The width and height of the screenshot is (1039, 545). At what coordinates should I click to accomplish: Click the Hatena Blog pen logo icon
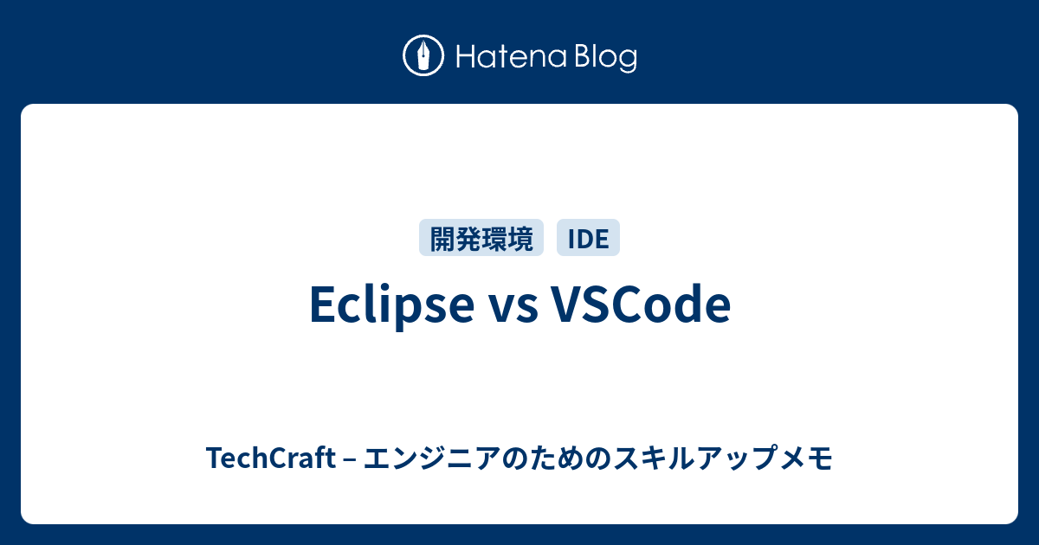(x=423, y=55)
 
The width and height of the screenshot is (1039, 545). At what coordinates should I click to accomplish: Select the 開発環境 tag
(x=481, y=238)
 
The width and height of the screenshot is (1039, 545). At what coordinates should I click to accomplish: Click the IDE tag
(x=588, y=238)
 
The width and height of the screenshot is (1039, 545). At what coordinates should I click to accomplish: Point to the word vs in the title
(x=514, y=311)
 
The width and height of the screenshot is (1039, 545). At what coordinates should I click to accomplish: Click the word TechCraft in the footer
(x=270, y=458)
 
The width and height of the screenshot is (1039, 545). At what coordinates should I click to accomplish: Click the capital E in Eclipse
(x=324, y=304)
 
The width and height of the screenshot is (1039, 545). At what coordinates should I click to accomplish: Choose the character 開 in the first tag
(x=443, y=238)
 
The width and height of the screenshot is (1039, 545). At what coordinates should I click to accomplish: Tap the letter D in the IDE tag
(x=586, y=239)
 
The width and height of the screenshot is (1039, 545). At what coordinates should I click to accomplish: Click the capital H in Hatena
(x=466, y=57)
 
